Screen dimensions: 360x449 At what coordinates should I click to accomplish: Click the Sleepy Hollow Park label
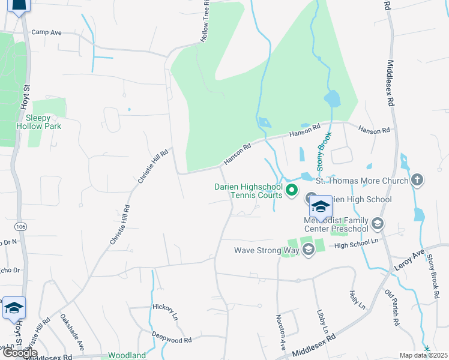(x=40, y=122)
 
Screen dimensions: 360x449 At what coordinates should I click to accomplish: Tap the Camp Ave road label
(x=47, y=32)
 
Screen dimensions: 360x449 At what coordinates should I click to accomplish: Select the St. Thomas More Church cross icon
(x=417, y=180)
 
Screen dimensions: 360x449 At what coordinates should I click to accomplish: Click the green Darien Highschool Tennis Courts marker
(x=292, y=191)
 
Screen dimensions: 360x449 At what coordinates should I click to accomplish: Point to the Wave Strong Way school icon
(x=309, y=250)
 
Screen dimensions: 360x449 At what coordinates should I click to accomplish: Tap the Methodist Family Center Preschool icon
(x=377, y=224)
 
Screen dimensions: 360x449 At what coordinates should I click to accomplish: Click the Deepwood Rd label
(x=172, y=337)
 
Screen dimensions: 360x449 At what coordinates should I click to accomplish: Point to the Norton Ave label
(x=280, y=332)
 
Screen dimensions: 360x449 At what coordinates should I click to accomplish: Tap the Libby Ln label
(x=322, y=322)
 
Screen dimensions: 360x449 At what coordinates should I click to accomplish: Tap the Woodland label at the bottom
(x=127, y=355)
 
